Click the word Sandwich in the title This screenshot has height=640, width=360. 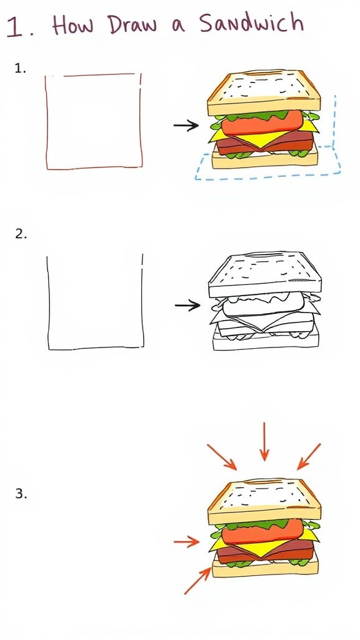click(x=251, y=24)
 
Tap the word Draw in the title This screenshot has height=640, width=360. click(x=131, y=25)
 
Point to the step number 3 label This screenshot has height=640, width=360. click(x=21, y=494)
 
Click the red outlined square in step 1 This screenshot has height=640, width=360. click(x=93, y=121)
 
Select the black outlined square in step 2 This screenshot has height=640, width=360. click(x=95, y=302)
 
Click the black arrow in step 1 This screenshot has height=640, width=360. click(x=186, y=126)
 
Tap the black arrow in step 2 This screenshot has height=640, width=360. click(x=187, y=305)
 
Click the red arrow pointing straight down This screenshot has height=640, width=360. click(x=265, y=441)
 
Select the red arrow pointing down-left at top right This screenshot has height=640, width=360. click(x=309, y=456)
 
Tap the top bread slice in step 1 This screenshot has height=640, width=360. click(x=264, y=94)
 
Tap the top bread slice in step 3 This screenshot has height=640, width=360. click(x=264, y=502)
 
